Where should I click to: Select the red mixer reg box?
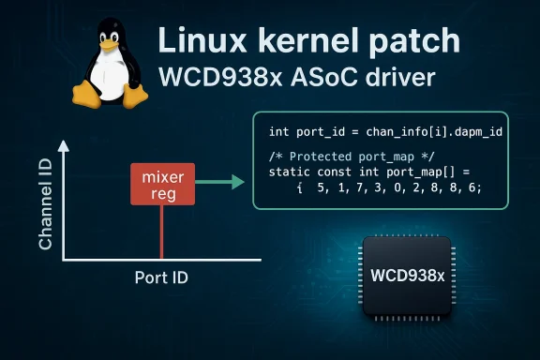(x=161, y=185)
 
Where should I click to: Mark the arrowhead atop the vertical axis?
(x=64, y=146)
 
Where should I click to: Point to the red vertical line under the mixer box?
(x=162, y=232)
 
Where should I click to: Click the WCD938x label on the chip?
(x=407, y=277)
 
